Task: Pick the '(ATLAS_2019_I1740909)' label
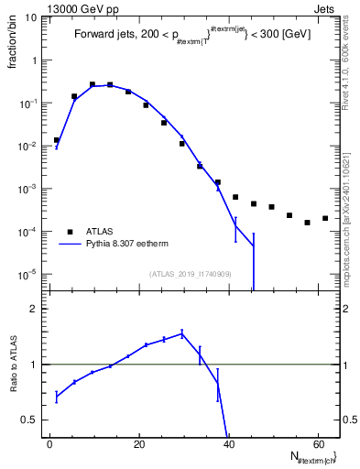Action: pyautogui.click(x=191, y=273)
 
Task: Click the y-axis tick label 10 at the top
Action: pyautogui.click(x=31, y=17)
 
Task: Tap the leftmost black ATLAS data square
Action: pyautogui.click(x=57, y=140)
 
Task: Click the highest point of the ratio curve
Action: pyautogui.click(x=182, y=333)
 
